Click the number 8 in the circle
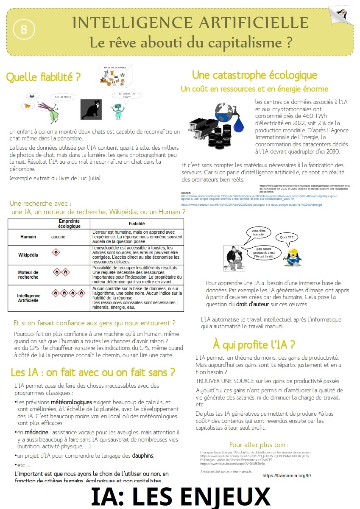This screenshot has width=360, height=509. [x=23, y=29]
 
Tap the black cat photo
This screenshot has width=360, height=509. [x=91, y=109]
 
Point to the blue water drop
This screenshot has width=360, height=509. [x=240, y=123]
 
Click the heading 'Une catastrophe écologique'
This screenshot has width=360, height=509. [x=254, y=75]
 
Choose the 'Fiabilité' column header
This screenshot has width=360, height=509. [x=137, y=224]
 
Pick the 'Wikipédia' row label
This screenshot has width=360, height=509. [x=28, y=255]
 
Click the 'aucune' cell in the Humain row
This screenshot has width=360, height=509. [x=58, y=237]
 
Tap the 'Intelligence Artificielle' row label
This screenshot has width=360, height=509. [x=28, y=298]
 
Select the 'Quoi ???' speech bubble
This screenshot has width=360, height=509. [x=287, y=237]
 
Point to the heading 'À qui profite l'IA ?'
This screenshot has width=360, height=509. [x=254, y=344]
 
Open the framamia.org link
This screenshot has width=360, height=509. [x=287, y=475]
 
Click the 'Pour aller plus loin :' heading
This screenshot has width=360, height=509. [x=258, y=445]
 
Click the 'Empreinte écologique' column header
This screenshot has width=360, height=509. [x=70, y=224]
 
